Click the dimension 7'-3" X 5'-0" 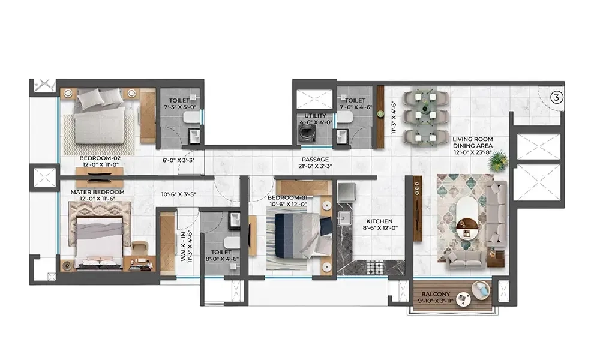179,107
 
